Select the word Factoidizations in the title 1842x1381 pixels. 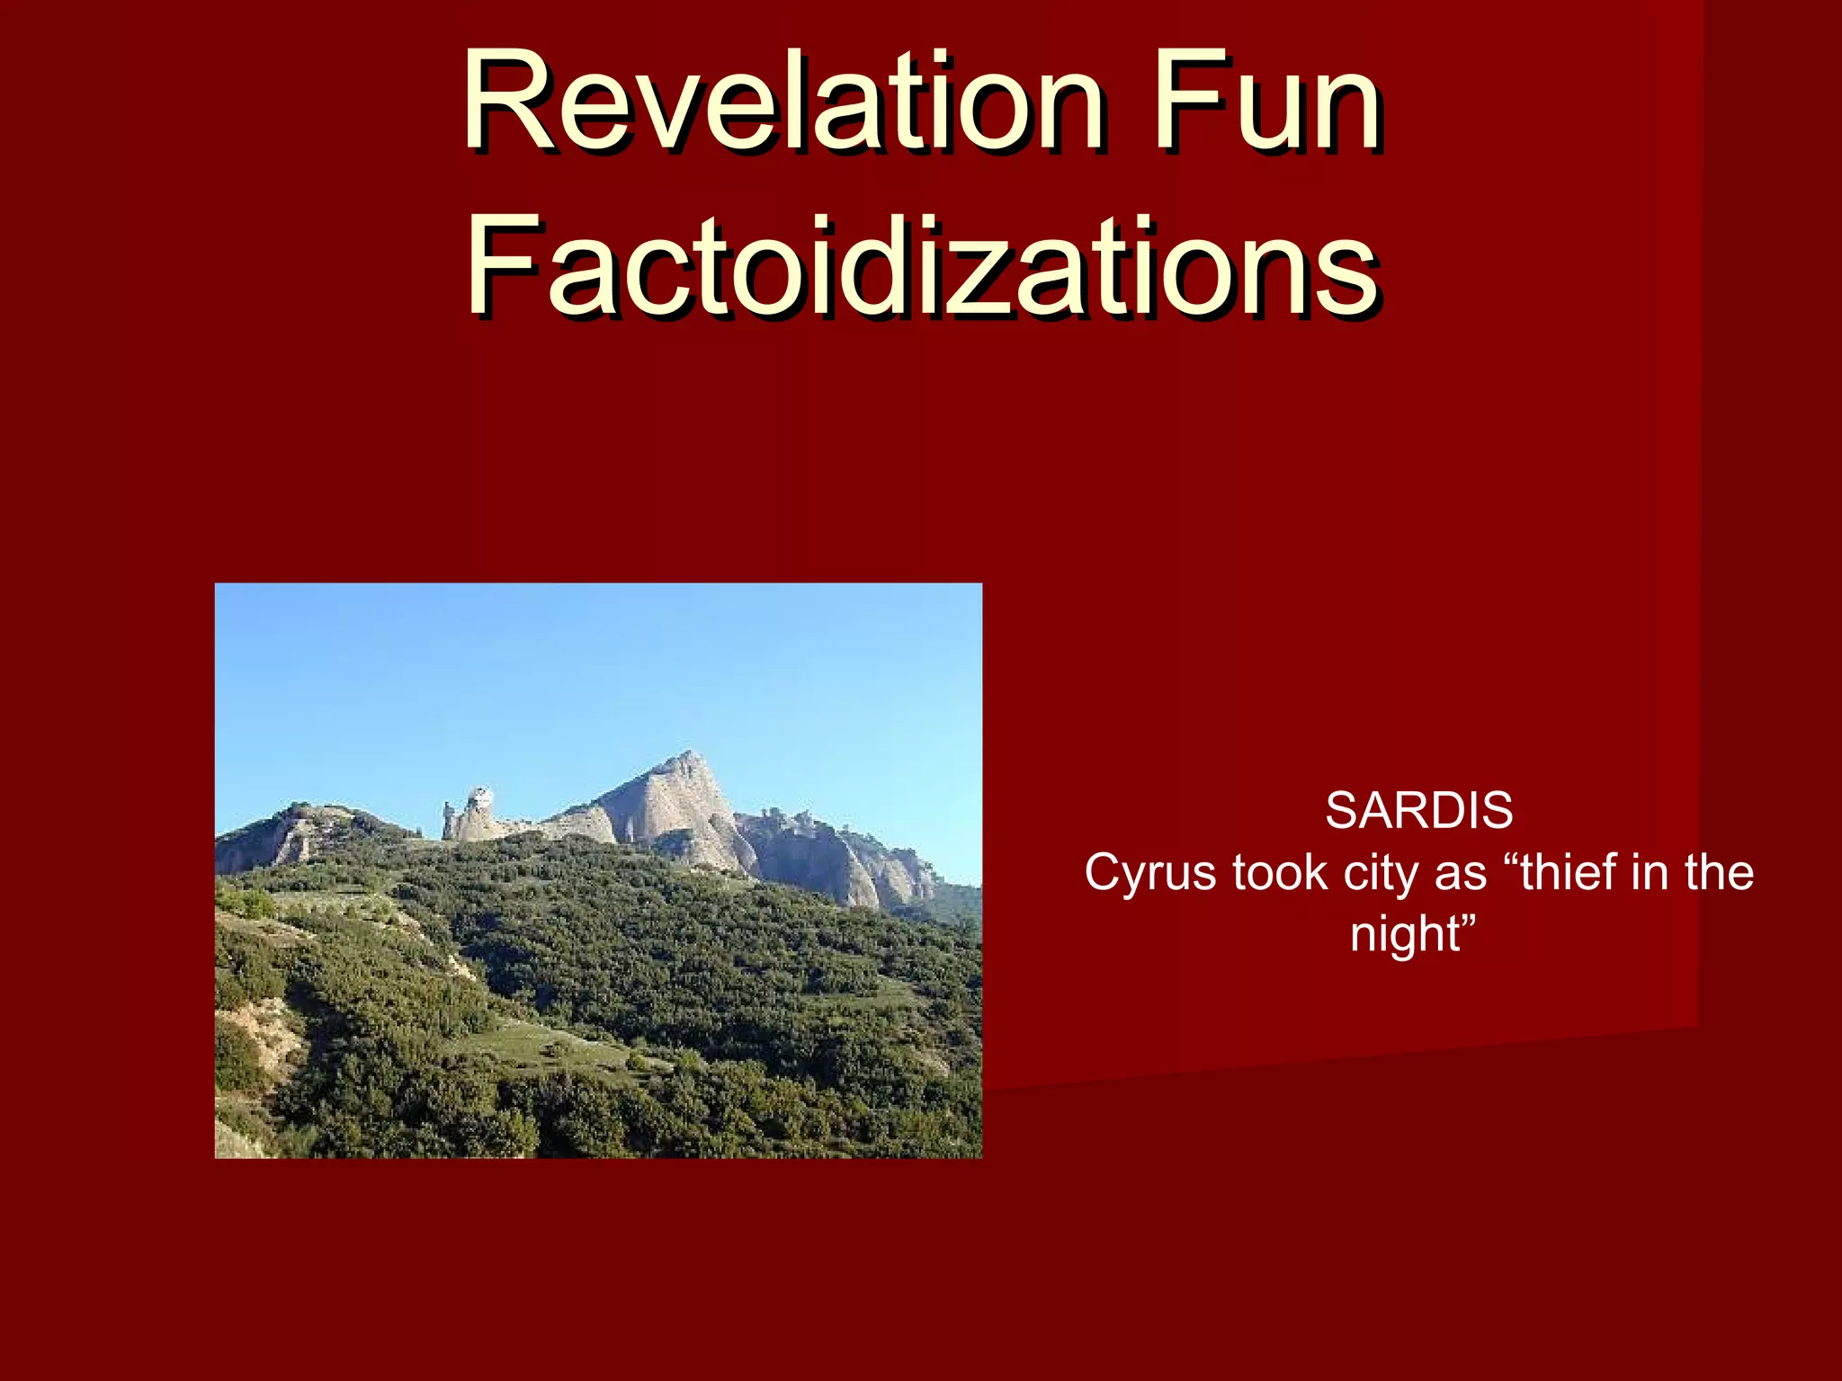click(x=921, y=267)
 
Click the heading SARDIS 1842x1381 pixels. click(x=1418, y=811)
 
